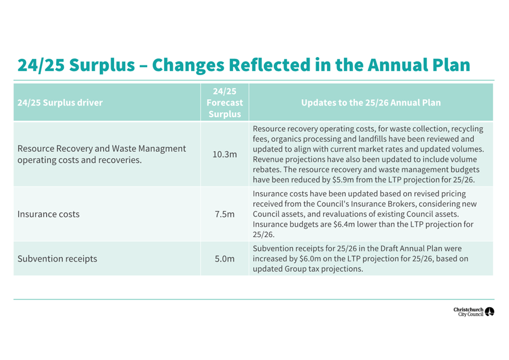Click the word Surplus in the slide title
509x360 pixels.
104,65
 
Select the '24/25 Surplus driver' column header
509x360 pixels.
60,102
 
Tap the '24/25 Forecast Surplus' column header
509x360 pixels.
225,102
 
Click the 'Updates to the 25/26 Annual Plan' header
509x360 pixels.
371,102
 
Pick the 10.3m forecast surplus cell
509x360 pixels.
225,154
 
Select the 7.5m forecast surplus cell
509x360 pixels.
225,214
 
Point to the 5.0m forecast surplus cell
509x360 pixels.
225,259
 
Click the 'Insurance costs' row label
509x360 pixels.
49,214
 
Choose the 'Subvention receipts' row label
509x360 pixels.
57,259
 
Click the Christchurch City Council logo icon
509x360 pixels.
489,312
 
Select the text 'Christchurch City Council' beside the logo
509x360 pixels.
468,312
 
